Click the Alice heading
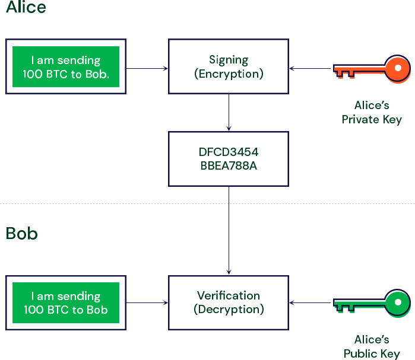[26, 8]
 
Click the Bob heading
[22, 233]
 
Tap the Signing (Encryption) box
[229, 66]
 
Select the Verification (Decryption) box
[229, 302]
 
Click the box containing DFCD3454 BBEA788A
[229, 159]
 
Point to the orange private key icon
[372, 71]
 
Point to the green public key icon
[372, 305]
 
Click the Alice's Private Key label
[372, 112]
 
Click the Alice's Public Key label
[372, 346]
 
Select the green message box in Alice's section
[66, 67]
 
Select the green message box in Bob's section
[66, 303]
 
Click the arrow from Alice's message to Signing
[147, 69]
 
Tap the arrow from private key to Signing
[311, 69]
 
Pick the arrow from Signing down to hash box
[229, 113]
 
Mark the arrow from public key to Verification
[311, 303]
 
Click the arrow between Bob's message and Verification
[147, 303]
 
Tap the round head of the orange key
[398, 69]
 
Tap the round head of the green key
[397, 304]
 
